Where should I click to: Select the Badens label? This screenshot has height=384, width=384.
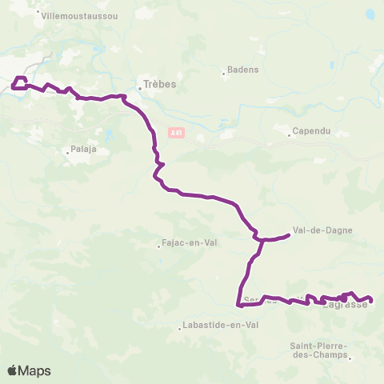click(x=244, y=70)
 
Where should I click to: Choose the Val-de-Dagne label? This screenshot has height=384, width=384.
click(x=323, y=230)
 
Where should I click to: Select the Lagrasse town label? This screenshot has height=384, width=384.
click(x=344, y=304)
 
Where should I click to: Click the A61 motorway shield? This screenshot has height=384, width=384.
click(x=177, y=133)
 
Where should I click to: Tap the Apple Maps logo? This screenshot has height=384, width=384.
click(x=29, y=370)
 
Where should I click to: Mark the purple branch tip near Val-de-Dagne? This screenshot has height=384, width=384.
click(x=288, y=234)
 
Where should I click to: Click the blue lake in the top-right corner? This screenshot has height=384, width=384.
click(x=370, y=14)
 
